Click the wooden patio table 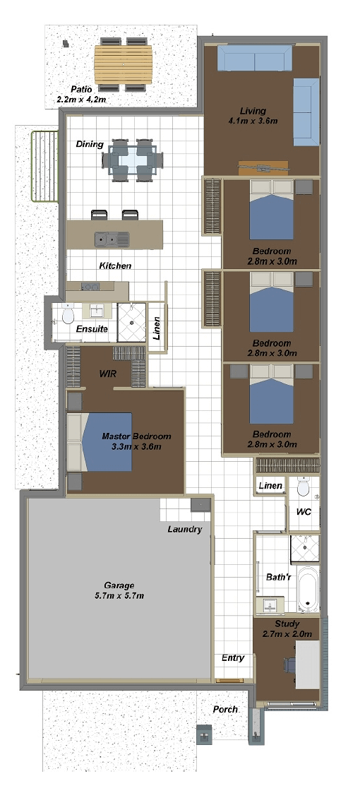[124, 65]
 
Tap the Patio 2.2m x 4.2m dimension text [82, 99]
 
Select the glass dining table [133, 160]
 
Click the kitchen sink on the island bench [112, 239]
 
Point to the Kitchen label [115, 266]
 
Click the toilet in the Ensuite [68, 316]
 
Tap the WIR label [108, 374]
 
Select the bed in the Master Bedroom [100, 442]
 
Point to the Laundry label [184, 530]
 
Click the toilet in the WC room [304, 487]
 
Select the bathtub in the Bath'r [308, 589]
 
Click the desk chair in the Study [289, 665]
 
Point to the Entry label [233, 658]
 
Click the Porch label [225, 710]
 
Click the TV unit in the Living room [263, 167]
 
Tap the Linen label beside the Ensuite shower [157, 328]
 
